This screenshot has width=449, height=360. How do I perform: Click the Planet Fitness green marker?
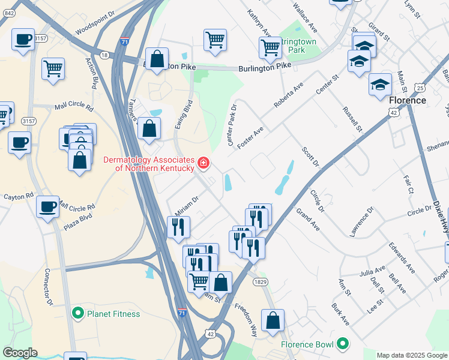(x=77, y=313)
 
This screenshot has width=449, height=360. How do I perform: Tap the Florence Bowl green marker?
(x=342, y=344)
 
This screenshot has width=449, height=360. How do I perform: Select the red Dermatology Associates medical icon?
(x=203, y=163)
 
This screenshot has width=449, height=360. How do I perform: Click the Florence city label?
(x=408, y=100)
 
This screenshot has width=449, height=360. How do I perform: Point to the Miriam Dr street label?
(x=187, y=206)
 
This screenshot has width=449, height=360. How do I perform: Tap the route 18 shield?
(x=105, y=55)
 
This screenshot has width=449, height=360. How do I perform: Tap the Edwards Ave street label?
(x=402, y=259)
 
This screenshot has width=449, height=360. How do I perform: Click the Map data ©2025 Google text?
(x=412, y=355)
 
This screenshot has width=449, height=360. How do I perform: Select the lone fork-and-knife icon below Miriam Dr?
(x=178, y=226)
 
